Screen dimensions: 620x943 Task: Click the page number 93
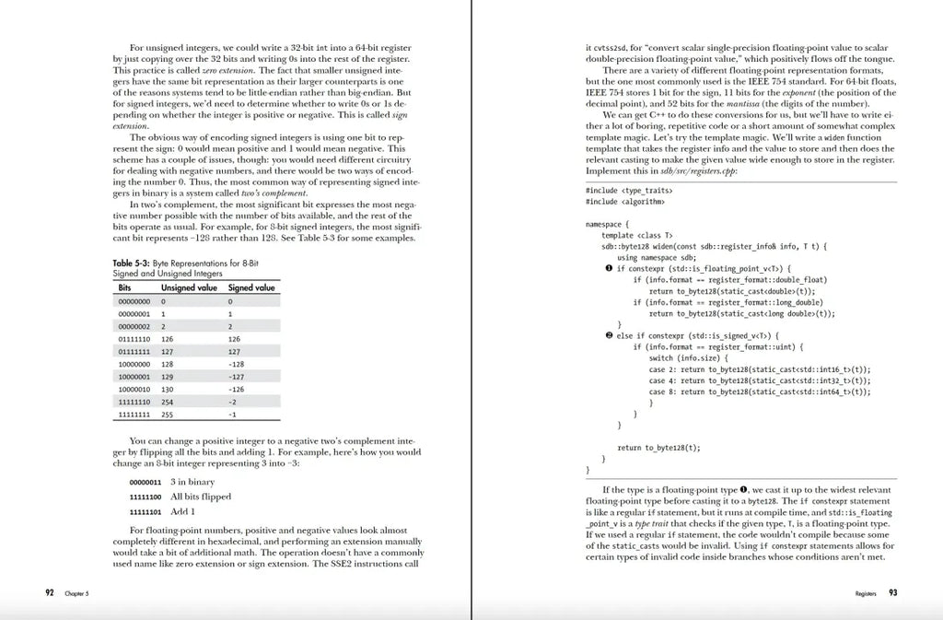point(892,592)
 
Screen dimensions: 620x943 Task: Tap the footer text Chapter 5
point(76,593)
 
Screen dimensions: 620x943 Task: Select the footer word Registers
point(866,593)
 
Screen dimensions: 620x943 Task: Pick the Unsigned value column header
point(189,287)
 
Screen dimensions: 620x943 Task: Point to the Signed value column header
point(251,287)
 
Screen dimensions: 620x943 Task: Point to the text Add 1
point(183,511)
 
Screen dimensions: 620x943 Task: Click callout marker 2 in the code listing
point(609,335)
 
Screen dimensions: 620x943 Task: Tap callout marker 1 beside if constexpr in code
point(609,268)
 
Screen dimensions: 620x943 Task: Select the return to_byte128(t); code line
point(658,448)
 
